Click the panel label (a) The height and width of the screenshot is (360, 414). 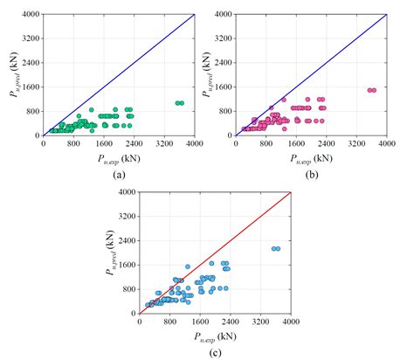pos(118,174)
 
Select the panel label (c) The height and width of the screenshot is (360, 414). pos(214,352)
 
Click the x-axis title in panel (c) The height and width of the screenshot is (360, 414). pos(214,336)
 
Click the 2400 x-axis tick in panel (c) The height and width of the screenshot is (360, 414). pos(230,321)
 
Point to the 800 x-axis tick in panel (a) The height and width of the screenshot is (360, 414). pos(74,143)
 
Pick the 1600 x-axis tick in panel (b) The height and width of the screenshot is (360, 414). pos(296,143)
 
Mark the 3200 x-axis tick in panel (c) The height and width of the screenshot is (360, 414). pos(259,321)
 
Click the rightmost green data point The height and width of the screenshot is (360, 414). pos(181,103)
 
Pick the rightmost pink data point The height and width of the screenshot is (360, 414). pos(373,90)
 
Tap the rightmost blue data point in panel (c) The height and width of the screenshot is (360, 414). pos(277,249)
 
